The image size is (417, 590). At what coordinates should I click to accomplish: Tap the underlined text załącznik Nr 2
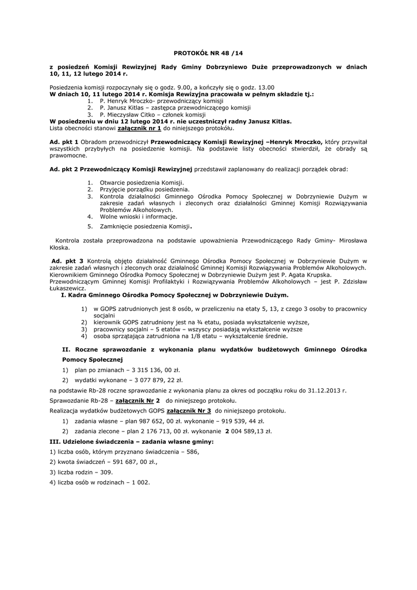pyautogui.click(x=137, y=400)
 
